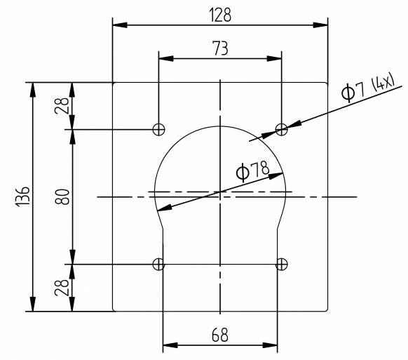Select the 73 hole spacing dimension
pos(220,48)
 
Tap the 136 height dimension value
pos(22,196)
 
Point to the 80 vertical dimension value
pos(62,196)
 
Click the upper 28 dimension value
pos(62,105)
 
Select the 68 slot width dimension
pos(220,335)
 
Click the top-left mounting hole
pos(159,129)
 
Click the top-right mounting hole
pos(281,129)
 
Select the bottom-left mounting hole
pos(159,264)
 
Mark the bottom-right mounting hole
pos(281,264)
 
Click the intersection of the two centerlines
pos(220,191)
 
